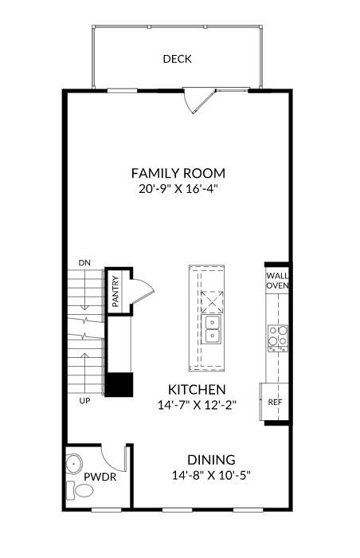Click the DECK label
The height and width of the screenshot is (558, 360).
(177, 59)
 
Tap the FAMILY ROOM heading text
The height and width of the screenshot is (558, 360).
(178, 173)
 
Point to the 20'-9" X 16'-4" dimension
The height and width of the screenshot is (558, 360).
(178, 189)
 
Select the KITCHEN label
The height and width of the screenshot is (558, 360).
(197, 390)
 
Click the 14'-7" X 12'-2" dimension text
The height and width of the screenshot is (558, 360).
(197, 405)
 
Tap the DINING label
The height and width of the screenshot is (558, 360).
(211, 460)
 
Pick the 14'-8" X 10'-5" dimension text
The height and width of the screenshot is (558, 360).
(212, 475)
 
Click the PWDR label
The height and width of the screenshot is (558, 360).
(100, 477)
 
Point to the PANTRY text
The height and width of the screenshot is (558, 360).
(115, 292)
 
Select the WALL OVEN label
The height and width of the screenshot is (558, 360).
(277, 281)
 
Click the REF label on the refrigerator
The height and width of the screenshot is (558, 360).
(275, 402)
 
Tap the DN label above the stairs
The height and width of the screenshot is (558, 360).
(84, 263)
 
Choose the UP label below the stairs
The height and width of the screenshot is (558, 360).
(84, 401)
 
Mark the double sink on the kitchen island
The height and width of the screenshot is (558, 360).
(212, 329)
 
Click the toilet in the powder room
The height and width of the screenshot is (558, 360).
(80, 490)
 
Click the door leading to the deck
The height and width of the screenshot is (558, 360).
(199, 101)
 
